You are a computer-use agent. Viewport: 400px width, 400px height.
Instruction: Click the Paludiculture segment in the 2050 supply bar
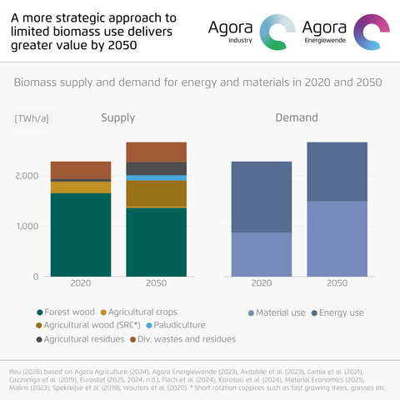[157, 177]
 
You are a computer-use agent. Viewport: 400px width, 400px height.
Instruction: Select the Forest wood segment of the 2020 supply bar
[81, 235]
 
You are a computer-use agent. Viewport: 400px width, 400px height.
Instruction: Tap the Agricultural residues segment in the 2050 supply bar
[157, 168]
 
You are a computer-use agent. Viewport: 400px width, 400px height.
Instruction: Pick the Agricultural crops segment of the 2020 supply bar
[81, 187]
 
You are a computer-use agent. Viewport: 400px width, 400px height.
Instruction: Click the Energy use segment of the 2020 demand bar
[262, 197]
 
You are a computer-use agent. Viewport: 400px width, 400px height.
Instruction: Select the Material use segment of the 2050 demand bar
[337, 238]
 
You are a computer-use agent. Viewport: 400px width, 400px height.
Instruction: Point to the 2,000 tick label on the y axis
[27, 176]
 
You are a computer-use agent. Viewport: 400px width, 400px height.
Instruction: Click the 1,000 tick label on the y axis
[27, 227]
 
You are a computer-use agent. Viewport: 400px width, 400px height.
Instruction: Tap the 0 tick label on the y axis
[36, 277]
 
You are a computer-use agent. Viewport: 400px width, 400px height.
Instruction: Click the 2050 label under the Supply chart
[157, 283]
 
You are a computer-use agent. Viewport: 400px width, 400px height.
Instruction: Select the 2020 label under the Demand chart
[262, 283]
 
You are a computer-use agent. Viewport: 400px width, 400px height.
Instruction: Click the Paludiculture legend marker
[149, 325]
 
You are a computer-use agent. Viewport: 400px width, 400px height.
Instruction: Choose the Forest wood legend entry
[66, 312]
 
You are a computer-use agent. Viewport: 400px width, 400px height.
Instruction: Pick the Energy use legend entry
[337, 312]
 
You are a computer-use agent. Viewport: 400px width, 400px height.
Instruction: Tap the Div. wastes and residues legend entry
[182, 339]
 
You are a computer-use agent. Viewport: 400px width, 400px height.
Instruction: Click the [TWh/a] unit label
[32, 119]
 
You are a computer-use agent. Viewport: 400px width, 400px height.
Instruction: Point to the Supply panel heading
[118, 117]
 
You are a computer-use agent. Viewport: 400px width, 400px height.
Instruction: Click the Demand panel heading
[297, 117]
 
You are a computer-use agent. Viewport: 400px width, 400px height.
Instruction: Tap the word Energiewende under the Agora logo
[325, 41]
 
